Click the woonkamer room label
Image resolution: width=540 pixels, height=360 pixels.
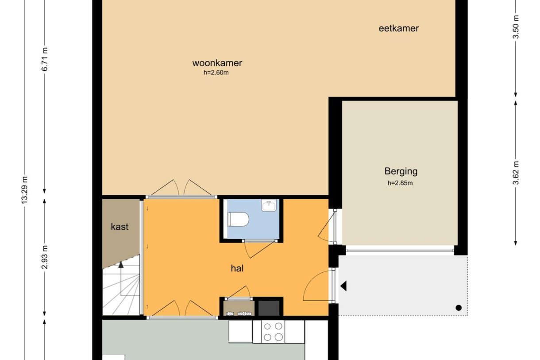217,63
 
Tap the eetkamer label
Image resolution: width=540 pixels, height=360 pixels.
399,28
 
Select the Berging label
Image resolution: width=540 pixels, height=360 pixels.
401,171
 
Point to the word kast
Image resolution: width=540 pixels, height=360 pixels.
120,227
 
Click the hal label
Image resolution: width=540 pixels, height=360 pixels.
237,268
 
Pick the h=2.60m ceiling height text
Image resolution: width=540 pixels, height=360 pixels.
216,73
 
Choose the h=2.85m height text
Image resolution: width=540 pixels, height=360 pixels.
400,183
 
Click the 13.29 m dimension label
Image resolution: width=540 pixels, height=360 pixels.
24,190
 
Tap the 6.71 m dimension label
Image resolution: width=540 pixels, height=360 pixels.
45,59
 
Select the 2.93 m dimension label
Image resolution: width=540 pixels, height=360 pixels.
45,257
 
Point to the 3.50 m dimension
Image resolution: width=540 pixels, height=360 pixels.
516,27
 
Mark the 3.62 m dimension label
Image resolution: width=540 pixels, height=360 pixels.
516,173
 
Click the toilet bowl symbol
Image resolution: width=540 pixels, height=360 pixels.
238,219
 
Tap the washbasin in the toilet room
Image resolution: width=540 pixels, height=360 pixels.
269,205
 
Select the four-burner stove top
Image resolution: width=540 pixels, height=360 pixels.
273,332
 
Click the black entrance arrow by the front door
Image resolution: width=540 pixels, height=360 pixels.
343,286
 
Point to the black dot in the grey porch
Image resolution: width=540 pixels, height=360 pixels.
459,308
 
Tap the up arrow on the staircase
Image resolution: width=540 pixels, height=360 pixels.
121,265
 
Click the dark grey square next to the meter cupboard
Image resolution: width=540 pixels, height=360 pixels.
269,308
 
